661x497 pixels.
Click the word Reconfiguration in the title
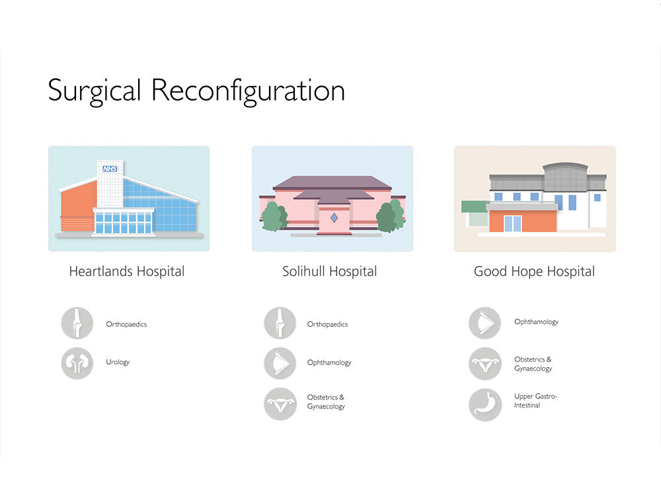point(248,91)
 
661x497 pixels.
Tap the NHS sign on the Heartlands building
point(109,169)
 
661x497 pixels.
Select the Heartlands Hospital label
point(127,271)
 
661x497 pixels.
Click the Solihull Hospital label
point(329,271)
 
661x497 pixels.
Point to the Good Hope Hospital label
point(534,271)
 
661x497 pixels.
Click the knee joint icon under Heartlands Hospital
point(78,324)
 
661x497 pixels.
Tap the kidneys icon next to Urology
point(78,363)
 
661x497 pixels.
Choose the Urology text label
point(118,363)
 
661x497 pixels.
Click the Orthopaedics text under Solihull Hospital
point(327,324)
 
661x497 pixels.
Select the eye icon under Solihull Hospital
point(280,363)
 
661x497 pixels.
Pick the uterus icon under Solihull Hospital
point(280,404)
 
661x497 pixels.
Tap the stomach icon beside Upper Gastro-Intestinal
point(485,404)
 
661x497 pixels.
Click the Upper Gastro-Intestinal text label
point(535,400)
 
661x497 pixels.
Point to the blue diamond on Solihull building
point(334,217)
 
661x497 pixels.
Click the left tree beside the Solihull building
point(273,216)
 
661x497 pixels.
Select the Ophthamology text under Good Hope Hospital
point(536,322)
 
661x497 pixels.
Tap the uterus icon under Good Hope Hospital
point(485,363)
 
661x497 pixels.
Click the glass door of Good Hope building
point(513,224)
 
